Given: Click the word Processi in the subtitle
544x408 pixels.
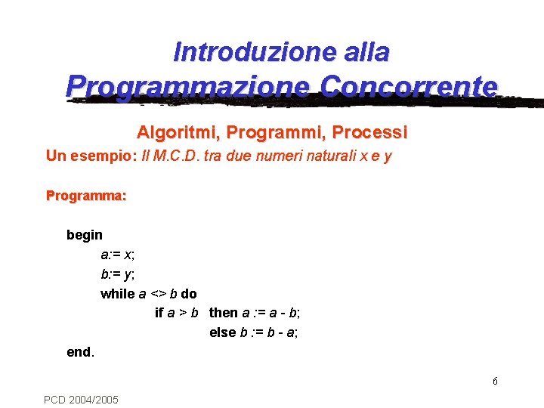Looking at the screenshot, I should [370, 133].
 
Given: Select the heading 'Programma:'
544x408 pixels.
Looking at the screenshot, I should [86, 196].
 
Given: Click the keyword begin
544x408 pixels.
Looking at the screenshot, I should [85, 235].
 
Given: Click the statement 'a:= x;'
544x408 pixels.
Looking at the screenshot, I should [118, 255].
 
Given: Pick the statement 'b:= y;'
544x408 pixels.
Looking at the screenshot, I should [118, 274].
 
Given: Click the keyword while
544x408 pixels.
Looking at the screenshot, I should [117, 294].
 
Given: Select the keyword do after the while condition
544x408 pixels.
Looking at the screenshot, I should [189, 294].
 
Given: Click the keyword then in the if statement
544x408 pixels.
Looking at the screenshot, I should [224, 313].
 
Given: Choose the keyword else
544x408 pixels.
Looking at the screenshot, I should [223, 332].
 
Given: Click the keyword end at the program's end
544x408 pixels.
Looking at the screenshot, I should [79, 352].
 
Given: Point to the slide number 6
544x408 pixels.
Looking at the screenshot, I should [495, 381].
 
